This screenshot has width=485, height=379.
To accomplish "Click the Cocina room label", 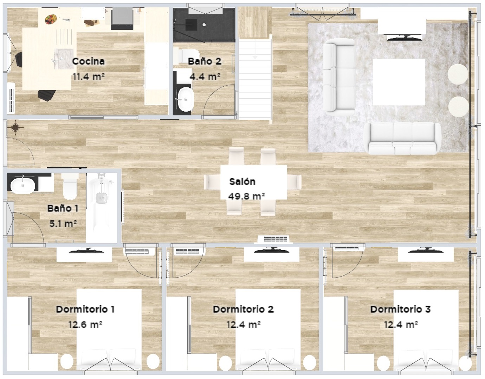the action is point(88,61).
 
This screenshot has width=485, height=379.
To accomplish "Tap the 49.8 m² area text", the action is point(246,196).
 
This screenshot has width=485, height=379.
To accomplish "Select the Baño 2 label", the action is point(205,61).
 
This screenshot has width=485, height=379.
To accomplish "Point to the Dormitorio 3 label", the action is point(401,309).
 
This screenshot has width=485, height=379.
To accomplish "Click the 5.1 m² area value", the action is point(63,224).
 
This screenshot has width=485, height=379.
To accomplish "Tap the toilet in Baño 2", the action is point(187,57).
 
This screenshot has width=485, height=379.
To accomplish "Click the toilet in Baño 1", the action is point(70,186).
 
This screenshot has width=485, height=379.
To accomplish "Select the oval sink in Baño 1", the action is point(23,185).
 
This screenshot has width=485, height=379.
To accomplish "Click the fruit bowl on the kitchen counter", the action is point(51,19).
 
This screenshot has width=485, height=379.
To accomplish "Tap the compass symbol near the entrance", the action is point(15,128).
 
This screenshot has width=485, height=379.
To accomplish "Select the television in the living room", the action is point(405,38).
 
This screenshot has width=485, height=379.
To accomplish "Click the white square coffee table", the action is point(399,82).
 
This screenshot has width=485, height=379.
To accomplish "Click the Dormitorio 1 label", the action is point(85,309).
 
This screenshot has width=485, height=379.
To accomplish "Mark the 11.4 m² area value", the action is point(89,77).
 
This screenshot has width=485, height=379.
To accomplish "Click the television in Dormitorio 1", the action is point(86,251).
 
